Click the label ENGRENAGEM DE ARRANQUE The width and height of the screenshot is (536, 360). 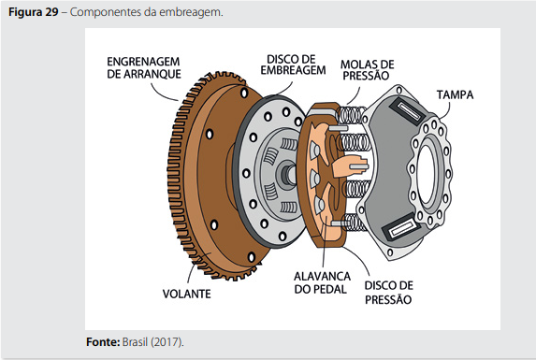coord(143,67)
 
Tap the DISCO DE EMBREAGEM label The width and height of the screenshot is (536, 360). coord(293,65)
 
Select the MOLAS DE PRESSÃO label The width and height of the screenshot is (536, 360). coord(367,70)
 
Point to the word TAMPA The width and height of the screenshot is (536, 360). coord(455,94)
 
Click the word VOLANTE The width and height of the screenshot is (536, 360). coord(187,294)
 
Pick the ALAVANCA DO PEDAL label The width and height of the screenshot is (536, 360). coord(322,282)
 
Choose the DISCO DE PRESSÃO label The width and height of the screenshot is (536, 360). coord(388,293)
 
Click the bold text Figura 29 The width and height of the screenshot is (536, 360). coord(34,12)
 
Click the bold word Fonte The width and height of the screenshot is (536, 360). coord(103,342)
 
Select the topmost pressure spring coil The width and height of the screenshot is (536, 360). coord(352,114)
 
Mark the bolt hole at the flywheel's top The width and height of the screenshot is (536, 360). coord(244,93)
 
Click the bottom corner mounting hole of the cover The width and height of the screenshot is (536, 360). coord(390,252)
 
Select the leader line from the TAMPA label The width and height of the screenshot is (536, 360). coord(446,110)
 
